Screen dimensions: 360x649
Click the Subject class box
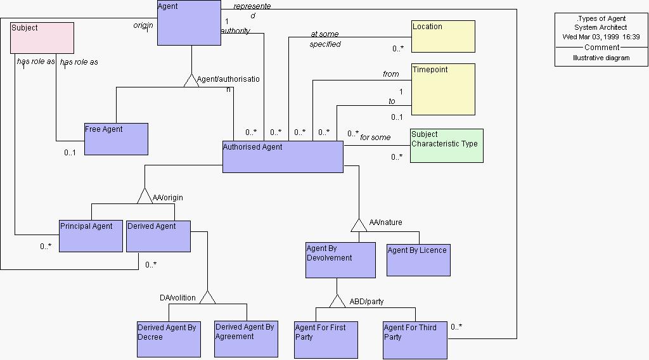click(42, 38)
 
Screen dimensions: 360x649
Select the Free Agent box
click(116, 139)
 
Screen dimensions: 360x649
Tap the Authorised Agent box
click(283, 157)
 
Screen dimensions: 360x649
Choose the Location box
click(442, 37)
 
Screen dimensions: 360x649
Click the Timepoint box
click(442, 89)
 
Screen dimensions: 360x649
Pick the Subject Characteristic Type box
click(446, 146)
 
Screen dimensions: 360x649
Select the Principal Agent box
click(91, 236)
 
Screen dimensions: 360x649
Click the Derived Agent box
click(158, 236)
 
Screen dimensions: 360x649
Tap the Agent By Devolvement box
click(340, 260)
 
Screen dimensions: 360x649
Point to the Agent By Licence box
click(418, 260)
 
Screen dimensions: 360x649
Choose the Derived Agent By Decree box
click(168, 339)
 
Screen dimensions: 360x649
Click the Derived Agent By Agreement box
click(246, 339)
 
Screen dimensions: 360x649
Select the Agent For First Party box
click(326, 340)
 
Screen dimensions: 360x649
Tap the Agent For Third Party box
click(414, 340)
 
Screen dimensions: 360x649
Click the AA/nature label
click(386, 222)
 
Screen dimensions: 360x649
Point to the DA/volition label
click(177, 297)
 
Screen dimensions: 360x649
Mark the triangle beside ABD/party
click(337, 302)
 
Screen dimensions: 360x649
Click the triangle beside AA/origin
click(145, 196)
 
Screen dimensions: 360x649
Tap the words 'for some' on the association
click(375, 137)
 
